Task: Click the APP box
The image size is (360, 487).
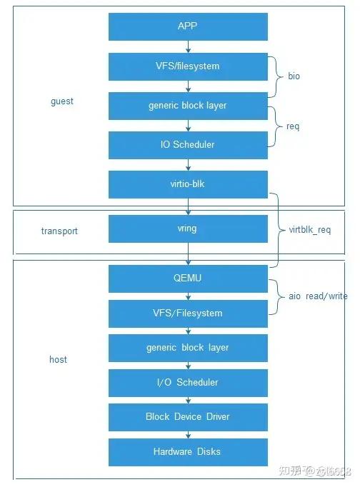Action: click(x=188, y=26)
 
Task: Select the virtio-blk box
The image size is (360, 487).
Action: click(x=188, y=184)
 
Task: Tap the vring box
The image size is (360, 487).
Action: click(x=188, y=229)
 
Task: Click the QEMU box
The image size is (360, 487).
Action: click(x=188, y=278)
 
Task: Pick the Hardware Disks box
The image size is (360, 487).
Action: click(x=188, y=452)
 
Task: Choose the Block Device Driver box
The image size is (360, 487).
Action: click(x=188, y=417)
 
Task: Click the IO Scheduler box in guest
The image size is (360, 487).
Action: click(x=188, y=145)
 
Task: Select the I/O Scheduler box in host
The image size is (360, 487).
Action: click(x=188, y=383)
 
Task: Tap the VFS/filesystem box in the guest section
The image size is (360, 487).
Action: click(x=188, y=67)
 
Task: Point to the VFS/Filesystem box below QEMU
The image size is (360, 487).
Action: click(x=188, y=313)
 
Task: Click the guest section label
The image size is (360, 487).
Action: click(x=62, y=101)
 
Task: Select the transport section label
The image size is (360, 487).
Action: click(x=59, y=231)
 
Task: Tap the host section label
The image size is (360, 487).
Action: click(x=58, y=359)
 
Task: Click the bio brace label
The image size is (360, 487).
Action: click(x=294, y=76)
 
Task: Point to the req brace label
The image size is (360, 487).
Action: click(x=293, y=126)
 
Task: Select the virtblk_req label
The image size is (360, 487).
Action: click(x=310, y=230)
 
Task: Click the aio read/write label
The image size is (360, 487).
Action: click(x=318, y=296)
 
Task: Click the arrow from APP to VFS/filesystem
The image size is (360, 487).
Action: click(x=188, y=46)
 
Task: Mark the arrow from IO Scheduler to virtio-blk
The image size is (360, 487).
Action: click(x=188, y=165)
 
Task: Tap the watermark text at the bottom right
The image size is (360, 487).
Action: click(x=315, y=471)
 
